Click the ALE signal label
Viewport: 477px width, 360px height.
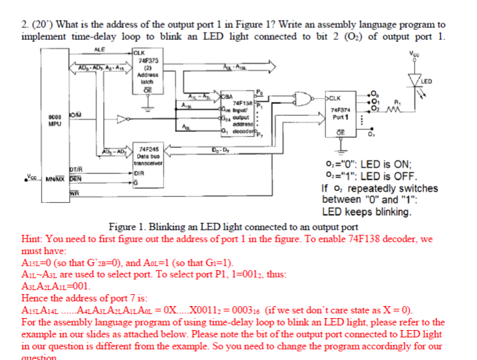(x=99, y=49)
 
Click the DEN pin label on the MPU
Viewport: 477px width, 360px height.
(x=78, y=179)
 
